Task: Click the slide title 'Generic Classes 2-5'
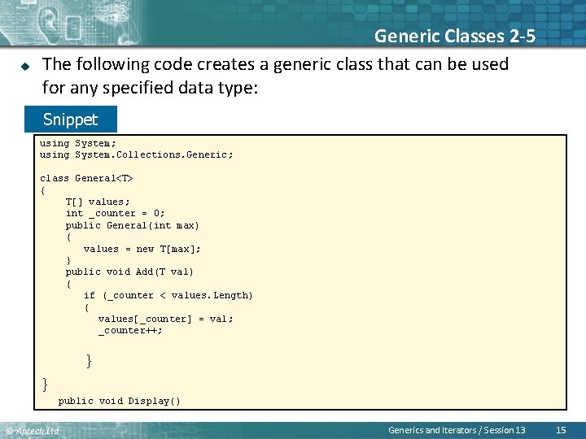click(x=454, y=36)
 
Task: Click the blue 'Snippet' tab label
click(x=70, y=120)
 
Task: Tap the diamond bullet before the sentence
click(x=24, y=65)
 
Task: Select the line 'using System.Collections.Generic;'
click(x=137, y=154)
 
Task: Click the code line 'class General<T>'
click(x=86, y=178)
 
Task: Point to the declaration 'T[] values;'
click(x=98, y=202)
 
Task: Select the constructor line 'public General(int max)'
click(x=133, y=225)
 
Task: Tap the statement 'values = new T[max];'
click(x=142, y=249)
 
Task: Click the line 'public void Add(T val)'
click(x=129, y=272)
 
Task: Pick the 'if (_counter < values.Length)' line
click(x=168, y=295)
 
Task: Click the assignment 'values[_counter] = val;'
click(x=166, y=319)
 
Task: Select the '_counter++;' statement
click(x=131, y=330)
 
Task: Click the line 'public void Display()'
click(x=120, y=401)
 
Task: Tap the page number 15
click(x=560, y=430)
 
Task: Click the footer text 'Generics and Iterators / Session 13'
click(x=457, y=430)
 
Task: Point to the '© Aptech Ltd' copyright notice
click(x=33, y=431)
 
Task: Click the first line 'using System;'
click(x=78, y=143)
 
